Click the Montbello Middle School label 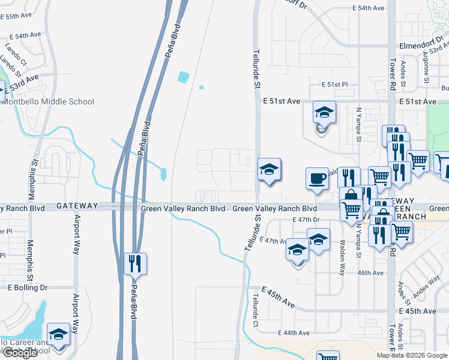pyautogui.click(x=48, y=101)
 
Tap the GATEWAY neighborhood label pyautogui.click(x=77, y=206)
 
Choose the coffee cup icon pyautogui.click(x=317, y=178)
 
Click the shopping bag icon pyautogui.click(x=349, y=196)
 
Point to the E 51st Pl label pyautogui.click(x=334, y=85)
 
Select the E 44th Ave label pyautogui.click(x=294, y=333)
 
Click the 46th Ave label pyautogui.click(x=370, y=273)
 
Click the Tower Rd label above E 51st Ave pyautogui.click(x=393, y=70)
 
